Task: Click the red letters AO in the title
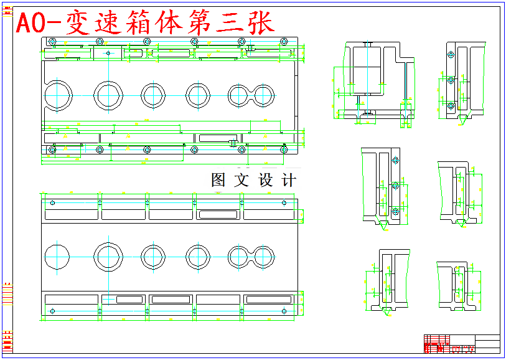point(29,24)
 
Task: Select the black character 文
point(241,181)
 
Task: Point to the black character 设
point(266,181)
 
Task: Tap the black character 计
point(289,181)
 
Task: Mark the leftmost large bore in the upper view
point(58,95)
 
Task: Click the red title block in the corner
point(437,343)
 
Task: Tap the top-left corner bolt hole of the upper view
point(52,42)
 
